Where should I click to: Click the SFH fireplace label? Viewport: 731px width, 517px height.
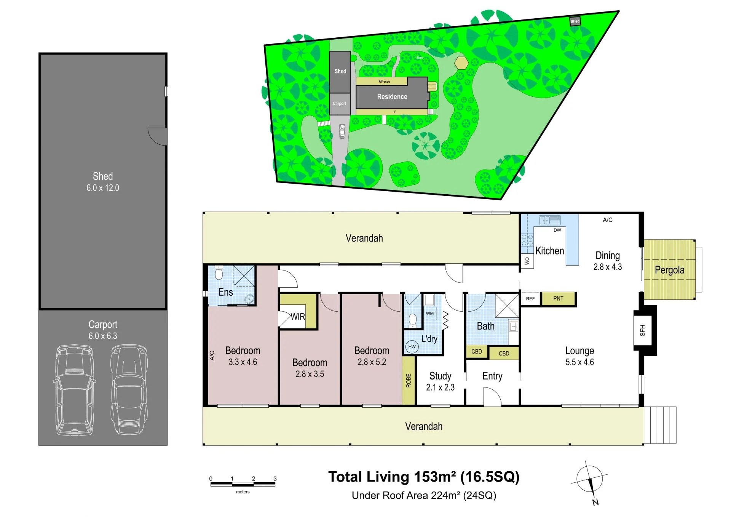[x=642, y=330]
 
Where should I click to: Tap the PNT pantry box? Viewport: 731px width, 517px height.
[x=558, y=298]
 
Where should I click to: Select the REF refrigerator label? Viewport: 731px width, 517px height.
[x=530, y=299]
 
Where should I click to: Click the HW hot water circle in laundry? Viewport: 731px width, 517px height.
[x=412, y=347]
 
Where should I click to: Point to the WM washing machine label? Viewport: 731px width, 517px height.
[x=430, y=313]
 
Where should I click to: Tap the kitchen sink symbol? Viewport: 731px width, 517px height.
[x=549, y=220]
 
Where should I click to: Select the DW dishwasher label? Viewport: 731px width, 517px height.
[x=557, y=230]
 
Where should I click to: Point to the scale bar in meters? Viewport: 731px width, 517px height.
[x=243, y=484]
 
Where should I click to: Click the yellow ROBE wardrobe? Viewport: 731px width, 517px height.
[x=409, y=380]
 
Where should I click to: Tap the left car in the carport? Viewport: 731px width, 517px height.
[x=75, y=389]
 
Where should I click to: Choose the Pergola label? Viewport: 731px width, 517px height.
[x=669, y=270]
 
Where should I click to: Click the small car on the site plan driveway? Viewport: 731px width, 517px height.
[x=342, y=131]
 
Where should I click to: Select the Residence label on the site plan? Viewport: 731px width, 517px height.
[x=392, y=97]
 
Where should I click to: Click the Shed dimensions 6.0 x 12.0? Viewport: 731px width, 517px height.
[x=102, y=188]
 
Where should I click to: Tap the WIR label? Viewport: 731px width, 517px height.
[x=298, y=317]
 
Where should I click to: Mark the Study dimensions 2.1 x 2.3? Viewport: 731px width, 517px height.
[x=440, y=387]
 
